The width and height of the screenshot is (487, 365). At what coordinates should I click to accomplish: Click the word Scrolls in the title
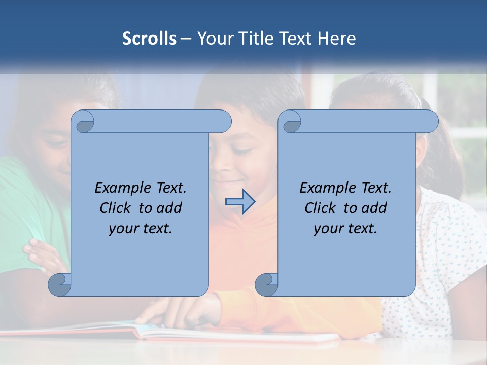tap(150, 39)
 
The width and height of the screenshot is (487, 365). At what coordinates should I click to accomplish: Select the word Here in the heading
tap(337, 39)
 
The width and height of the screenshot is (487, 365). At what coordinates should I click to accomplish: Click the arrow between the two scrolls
tap(240, 202)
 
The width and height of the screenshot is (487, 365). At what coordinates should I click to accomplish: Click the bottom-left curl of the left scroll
tap(60, 284)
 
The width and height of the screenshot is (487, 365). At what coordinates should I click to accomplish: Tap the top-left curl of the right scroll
tap(291, 122)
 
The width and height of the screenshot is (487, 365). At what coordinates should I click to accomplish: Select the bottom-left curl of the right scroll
tap(266, 284)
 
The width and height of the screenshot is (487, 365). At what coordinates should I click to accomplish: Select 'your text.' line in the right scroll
tap(345, 229)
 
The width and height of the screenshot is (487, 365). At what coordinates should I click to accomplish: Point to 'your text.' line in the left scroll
tap(141, 229)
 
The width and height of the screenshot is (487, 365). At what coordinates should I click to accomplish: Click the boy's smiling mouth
tap(227, 181)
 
